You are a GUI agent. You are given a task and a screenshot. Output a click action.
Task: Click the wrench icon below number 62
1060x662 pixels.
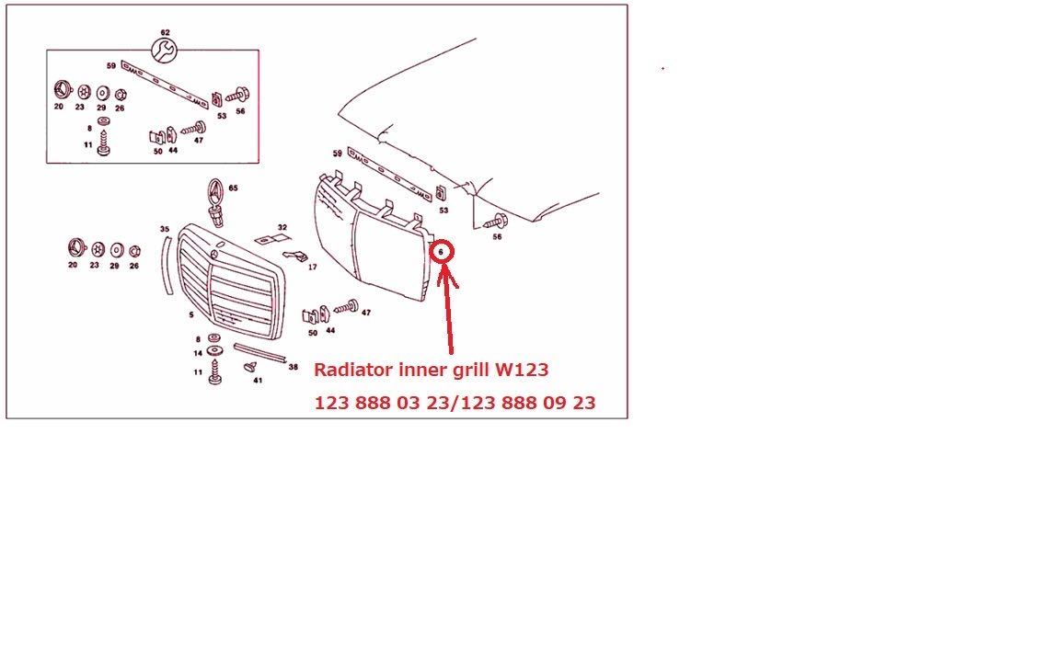165,50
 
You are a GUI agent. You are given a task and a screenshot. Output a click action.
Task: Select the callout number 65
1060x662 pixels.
233,188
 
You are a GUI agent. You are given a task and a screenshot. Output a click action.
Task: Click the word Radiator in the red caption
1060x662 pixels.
353,371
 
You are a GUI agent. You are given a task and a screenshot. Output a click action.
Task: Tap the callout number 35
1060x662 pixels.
165,230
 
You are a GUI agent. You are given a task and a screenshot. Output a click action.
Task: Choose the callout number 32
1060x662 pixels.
282,228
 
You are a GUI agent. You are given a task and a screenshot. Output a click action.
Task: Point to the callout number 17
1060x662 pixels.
312,268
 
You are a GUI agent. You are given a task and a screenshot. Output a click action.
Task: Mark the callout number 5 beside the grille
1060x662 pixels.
191,314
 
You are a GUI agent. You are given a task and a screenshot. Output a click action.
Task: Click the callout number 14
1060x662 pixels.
198,353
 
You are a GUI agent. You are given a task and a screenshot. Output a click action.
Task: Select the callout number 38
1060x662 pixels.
294,368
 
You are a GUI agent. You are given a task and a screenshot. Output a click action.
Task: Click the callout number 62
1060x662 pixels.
166,32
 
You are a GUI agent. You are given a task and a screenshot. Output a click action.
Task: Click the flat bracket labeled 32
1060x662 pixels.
271,239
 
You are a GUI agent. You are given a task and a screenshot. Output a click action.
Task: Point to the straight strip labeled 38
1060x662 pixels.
260,353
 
